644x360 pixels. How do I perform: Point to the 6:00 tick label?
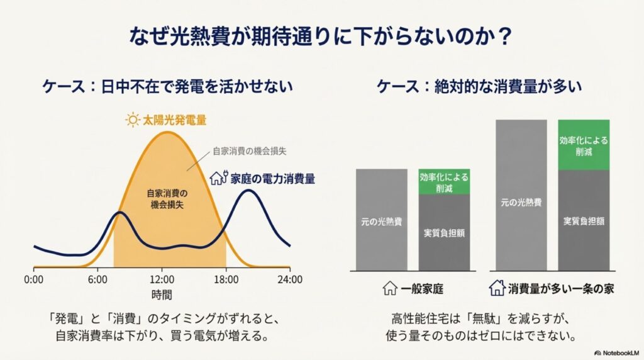[x=98, y=279]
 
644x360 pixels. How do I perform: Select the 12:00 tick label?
[x=162, y=279]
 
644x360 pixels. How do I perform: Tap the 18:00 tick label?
[x=226, y=279]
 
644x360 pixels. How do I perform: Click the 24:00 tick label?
[x=290, y=279]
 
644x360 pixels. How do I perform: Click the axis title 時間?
[x=162, y=294]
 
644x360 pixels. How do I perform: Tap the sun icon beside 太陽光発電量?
[x=132, y=120]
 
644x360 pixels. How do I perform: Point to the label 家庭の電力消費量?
[x=271, y=178]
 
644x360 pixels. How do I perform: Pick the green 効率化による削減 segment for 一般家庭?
[x=444, y=182]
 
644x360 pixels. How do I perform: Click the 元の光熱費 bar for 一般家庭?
[x=382, y=220]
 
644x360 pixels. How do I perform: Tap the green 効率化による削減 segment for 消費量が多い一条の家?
[x=584, y=145]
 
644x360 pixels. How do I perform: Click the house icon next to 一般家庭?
[x=390, y=289]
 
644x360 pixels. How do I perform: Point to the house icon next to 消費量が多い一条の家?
[x=497, y=289]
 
